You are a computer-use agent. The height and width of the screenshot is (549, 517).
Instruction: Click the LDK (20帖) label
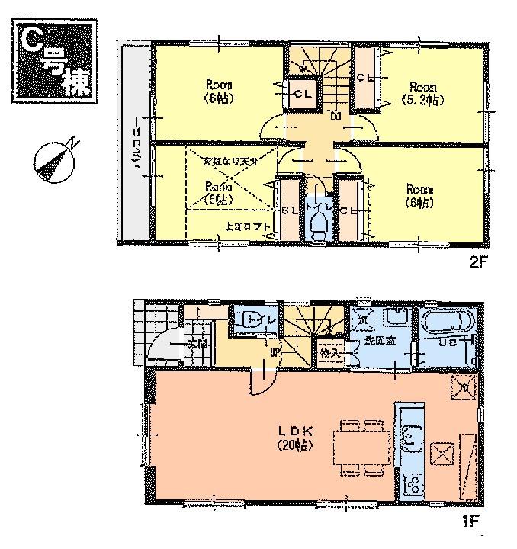point(294,438)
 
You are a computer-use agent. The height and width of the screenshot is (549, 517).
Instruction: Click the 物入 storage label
point(329,353)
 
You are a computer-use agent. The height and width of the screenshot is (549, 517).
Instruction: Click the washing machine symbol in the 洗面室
point(364,319)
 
